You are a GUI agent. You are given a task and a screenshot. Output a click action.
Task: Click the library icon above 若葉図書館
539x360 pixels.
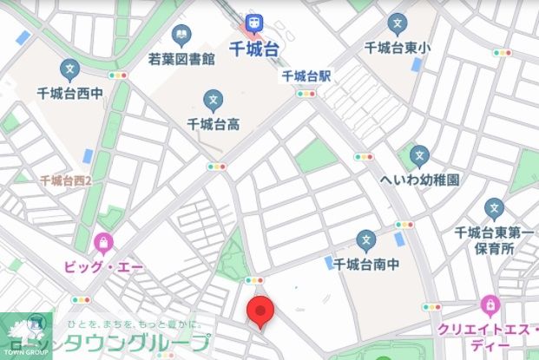tap(181, 36)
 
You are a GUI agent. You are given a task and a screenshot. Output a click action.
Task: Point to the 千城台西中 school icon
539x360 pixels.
tap(69, 69)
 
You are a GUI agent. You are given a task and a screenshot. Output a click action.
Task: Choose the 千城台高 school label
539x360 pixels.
tap(214, 124)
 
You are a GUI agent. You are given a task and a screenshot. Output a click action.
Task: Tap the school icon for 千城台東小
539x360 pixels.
tap(397, 23)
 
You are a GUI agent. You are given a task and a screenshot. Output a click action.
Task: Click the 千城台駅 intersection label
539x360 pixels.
tap(307, 76)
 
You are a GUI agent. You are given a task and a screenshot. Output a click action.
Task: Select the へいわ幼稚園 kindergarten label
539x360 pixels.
tap(420, 180)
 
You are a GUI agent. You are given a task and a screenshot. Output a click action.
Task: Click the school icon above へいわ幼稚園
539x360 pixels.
tap(420, 156)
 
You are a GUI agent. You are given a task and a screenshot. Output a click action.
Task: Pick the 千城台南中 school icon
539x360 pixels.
tap(366, 239)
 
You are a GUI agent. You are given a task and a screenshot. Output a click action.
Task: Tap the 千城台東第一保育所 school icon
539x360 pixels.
tap(494, 208)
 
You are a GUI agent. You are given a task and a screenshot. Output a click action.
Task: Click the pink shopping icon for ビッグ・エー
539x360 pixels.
tap(104, 240)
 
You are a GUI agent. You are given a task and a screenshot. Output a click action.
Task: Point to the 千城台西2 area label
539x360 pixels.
tap(72, 180)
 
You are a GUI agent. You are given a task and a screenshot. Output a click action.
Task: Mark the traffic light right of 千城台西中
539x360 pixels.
tap(117, 75)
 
